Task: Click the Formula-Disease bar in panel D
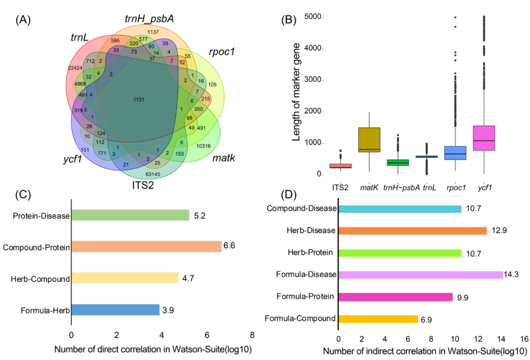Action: click(x=421, y=275)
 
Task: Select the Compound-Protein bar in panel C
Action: click(x=146, y=247)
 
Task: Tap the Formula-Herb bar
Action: click(x=115, y=310)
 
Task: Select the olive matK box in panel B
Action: click(x=369, y=139)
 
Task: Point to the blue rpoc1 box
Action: click(x=455, y=153)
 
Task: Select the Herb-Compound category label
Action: click(x=40, y=279)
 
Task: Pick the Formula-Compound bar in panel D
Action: click(x=378, y=319)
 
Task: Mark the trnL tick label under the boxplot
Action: click(x=428, y=187)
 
